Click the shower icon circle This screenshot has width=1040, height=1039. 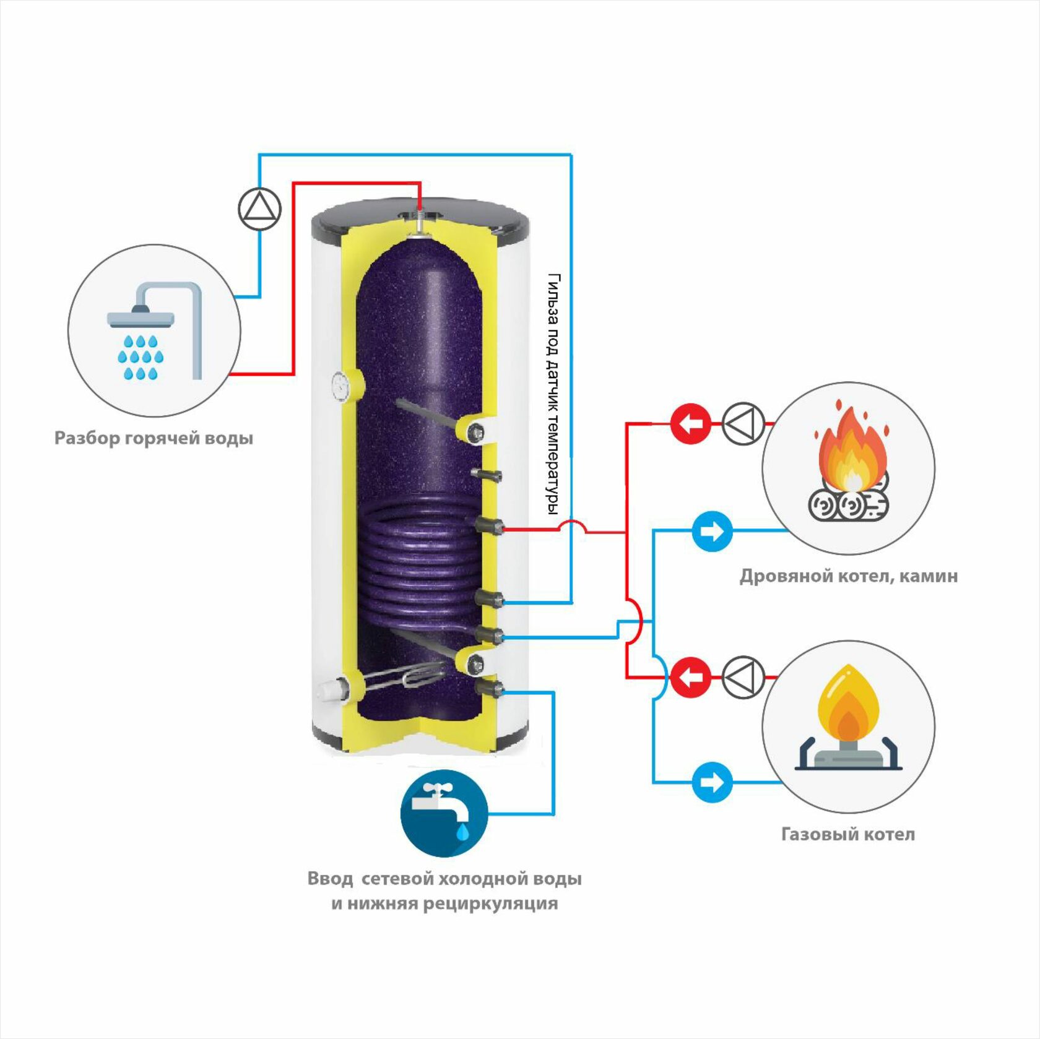coord(154,330)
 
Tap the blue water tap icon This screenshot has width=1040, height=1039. coord(444,813)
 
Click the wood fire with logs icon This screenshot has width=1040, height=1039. coord(849,467)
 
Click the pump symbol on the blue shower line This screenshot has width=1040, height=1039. coord(260,209)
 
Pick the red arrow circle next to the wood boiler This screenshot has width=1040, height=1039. coord(690,424)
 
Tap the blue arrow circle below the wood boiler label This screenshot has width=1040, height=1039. coord(712,782)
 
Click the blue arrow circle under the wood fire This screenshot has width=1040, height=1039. coord(712,531)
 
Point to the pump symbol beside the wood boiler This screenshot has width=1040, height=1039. coord(743,424)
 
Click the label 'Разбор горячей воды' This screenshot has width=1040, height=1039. coord(154,438)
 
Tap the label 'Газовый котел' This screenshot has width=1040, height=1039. coord(848,834)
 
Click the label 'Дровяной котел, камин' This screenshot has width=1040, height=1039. coord(849,576)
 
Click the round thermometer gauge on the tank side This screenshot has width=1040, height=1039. coord(341,387)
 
